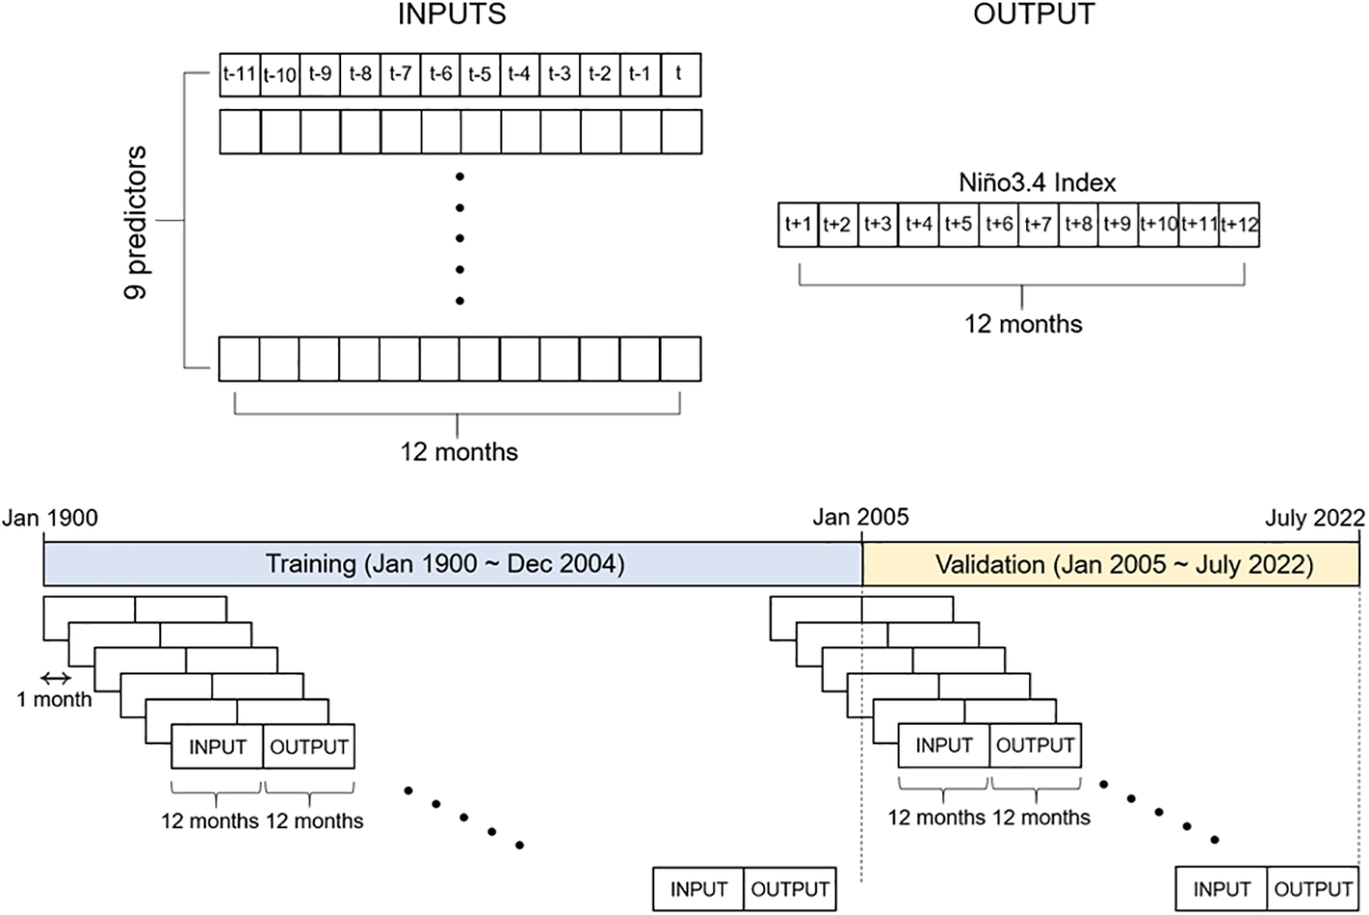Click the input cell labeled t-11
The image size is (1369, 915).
[x=241, y=74]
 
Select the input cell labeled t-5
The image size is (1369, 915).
[x=480, y=74]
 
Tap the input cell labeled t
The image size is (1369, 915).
[x=681, y=74]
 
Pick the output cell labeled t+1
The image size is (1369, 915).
[x=798, y=225]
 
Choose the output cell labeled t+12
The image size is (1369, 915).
[x=1239, y=225]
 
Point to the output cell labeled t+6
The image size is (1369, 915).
[x=999, y=225]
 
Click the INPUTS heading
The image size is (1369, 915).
[x=452, y=14]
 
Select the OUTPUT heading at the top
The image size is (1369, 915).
[x=1034, y=14]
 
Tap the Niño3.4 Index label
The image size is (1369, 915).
[x=1038, y=183]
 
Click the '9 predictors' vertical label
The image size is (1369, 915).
[x=136, y=222]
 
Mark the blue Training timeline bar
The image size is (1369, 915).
[x=452, y=563]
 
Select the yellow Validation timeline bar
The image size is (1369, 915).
[x=1111, y=563]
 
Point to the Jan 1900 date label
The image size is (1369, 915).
[x=50, y=518]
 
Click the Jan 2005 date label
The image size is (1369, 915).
[x=861, y=518]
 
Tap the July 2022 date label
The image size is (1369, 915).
[x=1315, y=518]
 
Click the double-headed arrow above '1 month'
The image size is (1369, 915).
[x=56, y=678]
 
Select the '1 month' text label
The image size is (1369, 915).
[x=54, y=700]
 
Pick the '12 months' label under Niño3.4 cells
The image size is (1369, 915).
[x=1023, y=324]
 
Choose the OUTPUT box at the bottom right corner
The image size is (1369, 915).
[x=1313, y=889]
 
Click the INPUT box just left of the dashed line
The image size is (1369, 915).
[x=698, y=889]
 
